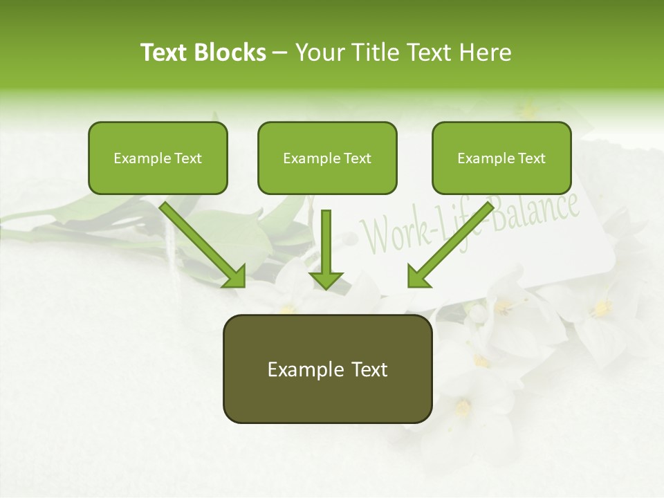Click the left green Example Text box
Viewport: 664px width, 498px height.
pyautogui.click(x=158, y=158)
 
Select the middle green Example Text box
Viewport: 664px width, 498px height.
pyautogui.click(x=327, y=158)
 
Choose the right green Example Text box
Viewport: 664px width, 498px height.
pyautogui.click(x=501, y=158)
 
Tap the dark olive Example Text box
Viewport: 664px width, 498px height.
pyautogui.click(x=327, y=369)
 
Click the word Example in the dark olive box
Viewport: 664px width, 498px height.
pyautogui.click(x=306, y=369)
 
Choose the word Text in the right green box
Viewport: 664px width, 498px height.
pyautogui.click(x=531, y=158)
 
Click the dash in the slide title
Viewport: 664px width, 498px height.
pyautogui.click(x=280, y=53)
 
